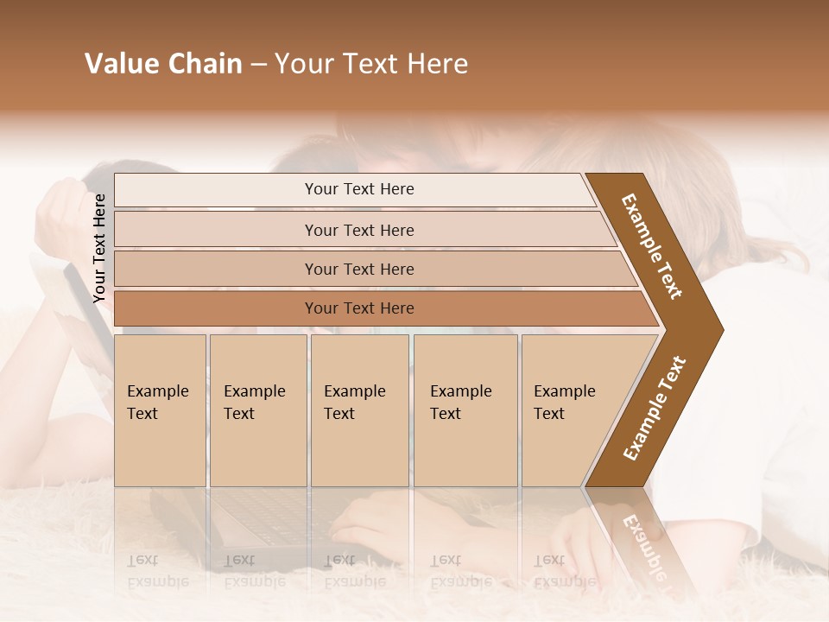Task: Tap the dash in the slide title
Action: (x=258, y=65)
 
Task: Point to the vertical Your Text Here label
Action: (x=99, y=248)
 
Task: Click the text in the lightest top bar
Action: (x=359, y=189)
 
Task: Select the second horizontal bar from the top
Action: (x=359, y=230)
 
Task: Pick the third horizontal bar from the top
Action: (x=359, y=270)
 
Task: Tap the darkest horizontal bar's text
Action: (x=359, y=308)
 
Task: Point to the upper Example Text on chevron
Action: (x=652, y=246)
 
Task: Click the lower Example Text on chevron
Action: (x=655, y=409)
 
